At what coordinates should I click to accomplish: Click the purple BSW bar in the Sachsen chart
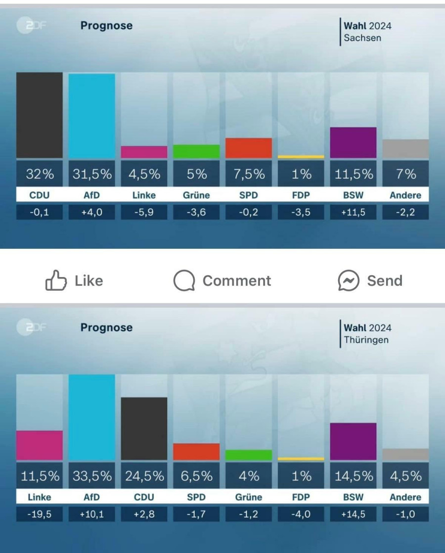click(353, 142)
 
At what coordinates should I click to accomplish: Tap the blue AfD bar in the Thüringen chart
click(91, 417)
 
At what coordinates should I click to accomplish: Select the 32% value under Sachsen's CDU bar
click(40, 174)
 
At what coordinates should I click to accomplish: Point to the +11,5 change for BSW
click(353, 213)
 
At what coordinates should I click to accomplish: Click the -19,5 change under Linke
click(40, 514)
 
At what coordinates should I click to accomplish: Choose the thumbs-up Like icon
click(55, 281)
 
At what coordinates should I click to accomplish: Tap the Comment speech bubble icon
click(184, 281)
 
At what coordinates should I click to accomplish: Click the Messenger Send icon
click(348, 281)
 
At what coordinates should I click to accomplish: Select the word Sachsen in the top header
click(362, 38)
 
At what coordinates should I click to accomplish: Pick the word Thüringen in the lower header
click(366, 340)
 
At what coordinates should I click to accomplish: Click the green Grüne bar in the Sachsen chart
click(196, 151)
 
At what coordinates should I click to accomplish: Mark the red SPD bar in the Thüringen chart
click(196, 452)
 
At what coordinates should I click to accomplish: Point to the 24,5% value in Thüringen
click(144, 476)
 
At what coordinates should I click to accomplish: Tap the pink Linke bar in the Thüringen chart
click(40, 445)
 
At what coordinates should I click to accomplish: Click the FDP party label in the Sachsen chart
click(301, 195)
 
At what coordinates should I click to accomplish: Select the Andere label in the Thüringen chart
click(405, 497)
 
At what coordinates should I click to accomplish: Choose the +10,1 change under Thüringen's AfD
click(91, 514)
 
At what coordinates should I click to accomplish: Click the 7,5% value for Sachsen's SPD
click(249, 174)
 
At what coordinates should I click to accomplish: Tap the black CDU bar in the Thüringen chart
click(144, 428)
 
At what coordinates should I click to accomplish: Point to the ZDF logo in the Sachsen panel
click(31, 26)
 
